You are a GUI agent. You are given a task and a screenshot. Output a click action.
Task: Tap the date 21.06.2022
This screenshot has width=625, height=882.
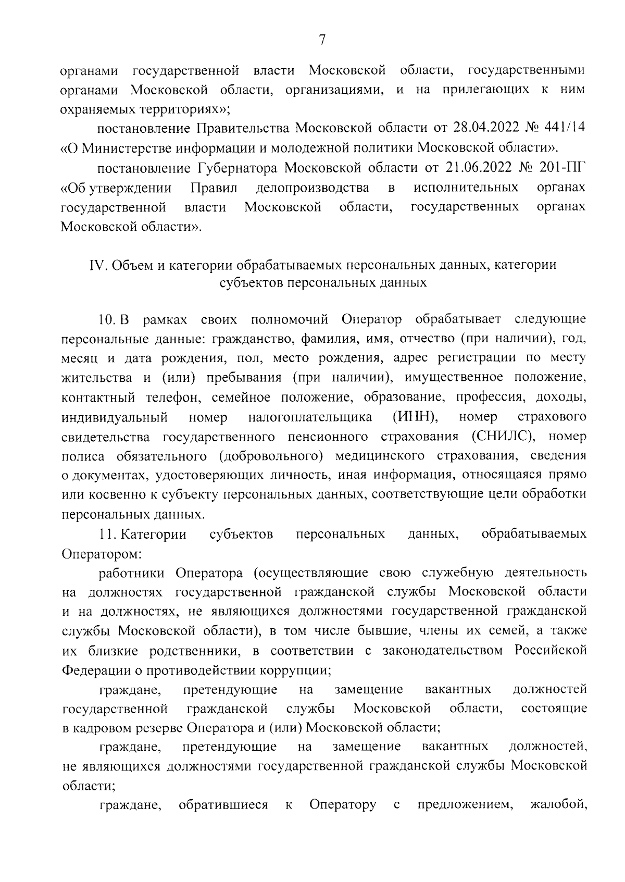[479, 167]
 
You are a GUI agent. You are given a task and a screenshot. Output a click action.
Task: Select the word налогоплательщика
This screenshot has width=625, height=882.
[310, 417]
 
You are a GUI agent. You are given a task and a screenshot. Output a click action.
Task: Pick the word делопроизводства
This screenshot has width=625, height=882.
[313, 187]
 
